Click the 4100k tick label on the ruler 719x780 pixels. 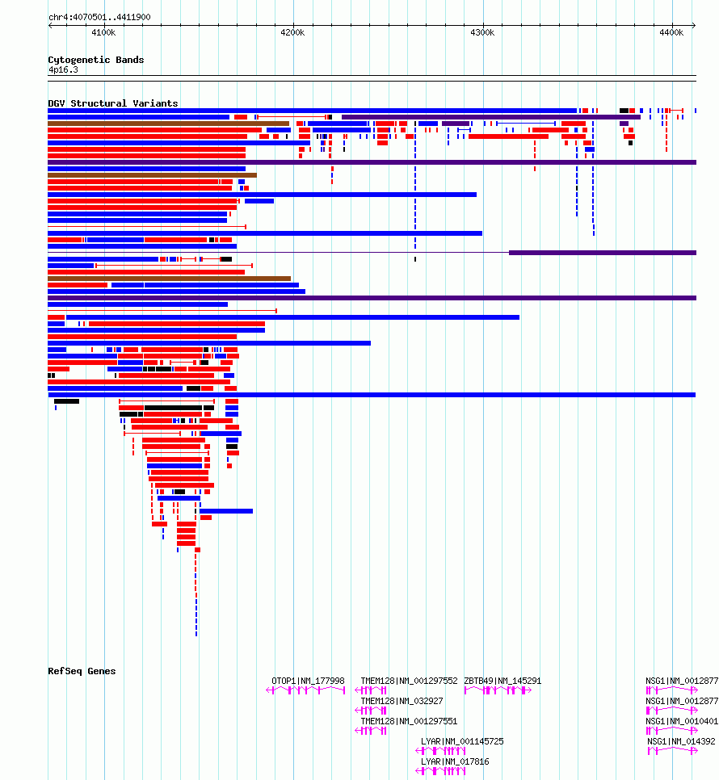(103, 33)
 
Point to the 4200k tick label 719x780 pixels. (292, 33)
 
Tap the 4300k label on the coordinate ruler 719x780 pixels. (482, 33)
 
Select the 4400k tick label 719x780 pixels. (671, 33)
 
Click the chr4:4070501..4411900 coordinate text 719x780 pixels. (99, 17)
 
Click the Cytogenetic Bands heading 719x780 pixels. (96, 60)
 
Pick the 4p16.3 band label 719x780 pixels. (63, 69)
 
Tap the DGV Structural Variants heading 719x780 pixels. (113, 103)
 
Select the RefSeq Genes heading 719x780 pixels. (82, 671)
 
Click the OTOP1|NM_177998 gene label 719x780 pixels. (308, 681)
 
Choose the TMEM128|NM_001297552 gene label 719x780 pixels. (409, 681)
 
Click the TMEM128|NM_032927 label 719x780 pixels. (402, 701)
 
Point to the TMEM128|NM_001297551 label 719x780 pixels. (409, 721)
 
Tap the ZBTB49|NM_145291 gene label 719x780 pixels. (502, 681)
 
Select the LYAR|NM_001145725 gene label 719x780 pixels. (462, 741)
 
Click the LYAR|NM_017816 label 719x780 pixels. (455, 761)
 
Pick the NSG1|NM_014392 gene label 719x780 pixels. (681, 741)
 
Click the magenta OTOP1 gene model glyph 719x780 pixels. (305, 690)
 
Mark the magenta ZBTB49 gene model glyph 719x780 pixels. (498, 690)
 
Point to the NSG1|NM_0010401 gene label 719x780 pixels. (682, 721)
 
